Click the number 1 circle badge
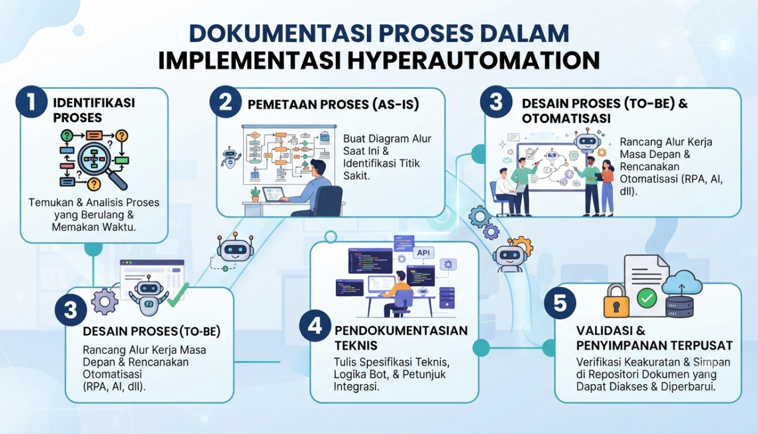[x=32, y=101]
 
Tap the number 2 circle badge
[x=226, y=101]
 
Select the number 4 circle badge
[x=315, y=325]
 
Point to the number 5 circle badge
[x=560, y=303]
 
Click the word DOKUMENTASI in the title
[x=281, y=33]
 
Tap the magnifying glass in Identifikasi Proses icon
[x=101, y=164]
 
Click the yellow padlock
[x=616, y=300]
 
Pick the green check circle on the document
[x=646, y=298]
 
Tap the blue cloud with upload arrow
[x=682, y=283]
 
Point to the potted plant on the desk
[x=255, y=194]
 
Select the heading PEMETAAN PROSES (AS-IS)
[x=334, y=104]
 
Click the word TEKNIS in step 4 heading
[x=356, y=345]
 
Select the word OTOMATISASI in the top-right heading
[x=566, y=118]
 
